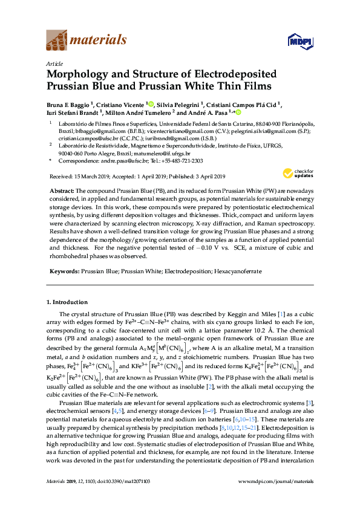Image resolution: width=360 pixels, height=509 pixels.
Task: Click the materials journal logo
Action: pyautogui.click(x=87, y=40)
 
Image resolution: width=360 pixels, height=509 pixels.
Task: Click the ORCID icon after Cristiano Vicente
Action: pyautogui.click(x=151, y=103)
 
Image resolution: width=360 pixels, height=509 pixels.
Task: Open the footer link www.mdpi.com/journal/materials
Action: pyautogui.click(x=277, y=498)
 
